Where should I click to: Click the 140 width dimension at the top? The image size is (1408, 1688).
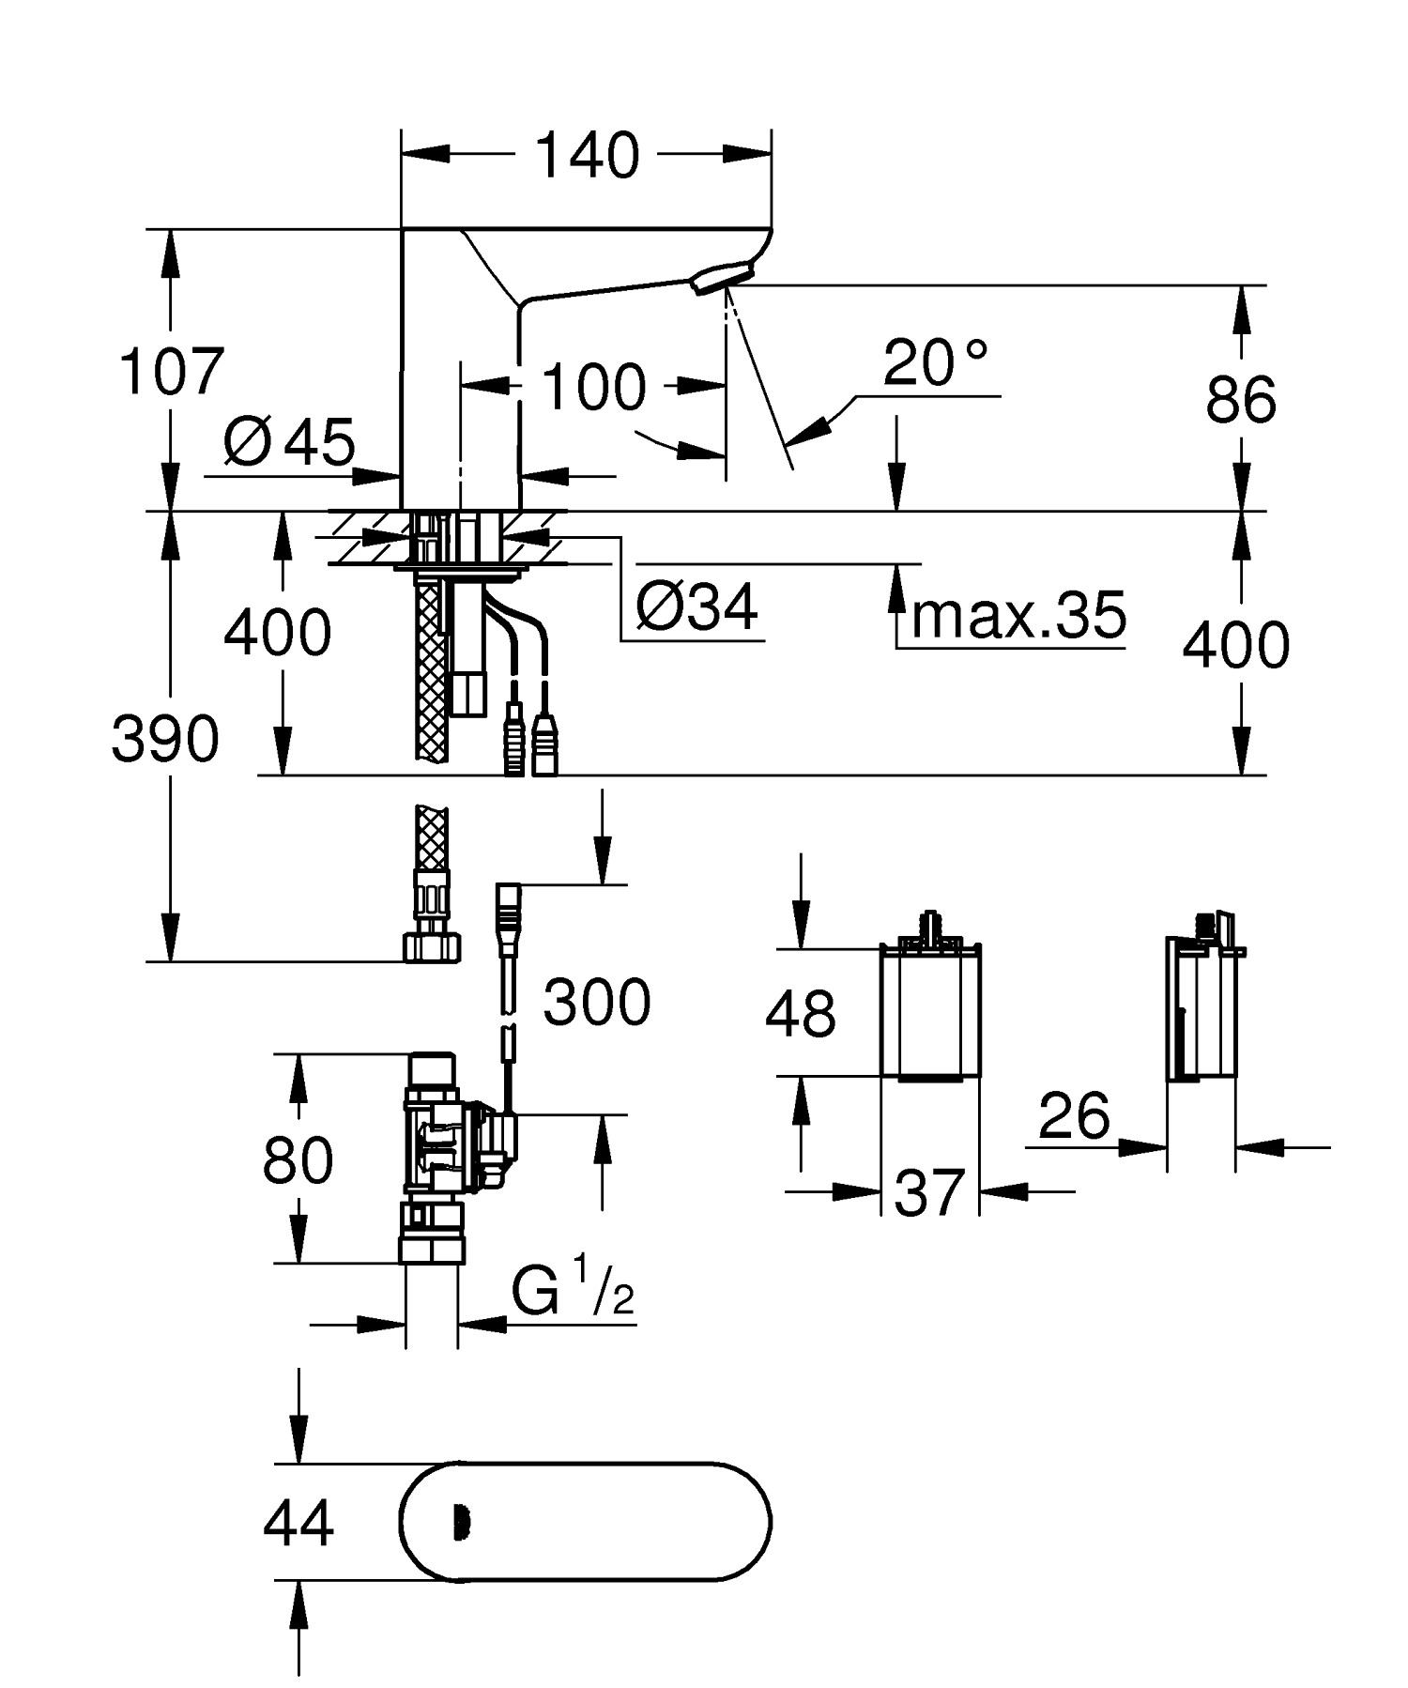(587, 155)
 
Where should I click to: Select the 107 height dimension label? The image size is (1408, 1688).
(171, 371)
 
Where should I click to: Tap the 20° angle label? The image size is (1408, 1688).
(936, 364)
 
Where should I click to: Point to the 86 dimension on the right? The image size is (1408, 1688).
(1240, 399)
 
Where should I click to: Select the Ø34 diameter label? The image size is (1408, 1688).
(696, 607)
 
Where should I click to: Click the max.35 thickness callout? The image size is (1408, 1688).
(1018, 616)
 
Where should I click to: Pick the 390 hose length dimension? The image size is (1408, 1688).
(165, 739)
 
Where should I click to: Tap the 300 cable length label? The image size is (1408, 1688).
(597, 1002)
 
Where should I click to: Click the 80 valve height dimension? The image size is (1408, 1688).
(298, 1159)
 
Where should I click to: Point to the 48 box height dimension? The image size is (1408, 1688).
(800, 1014)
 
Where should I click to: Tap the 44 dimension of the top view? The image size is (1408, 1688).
(298, 1523)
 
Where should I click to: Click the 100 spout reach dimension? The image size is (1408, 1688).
(594, 387)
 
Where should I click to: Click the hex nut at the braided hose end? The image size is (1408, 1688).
(432, 946)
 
